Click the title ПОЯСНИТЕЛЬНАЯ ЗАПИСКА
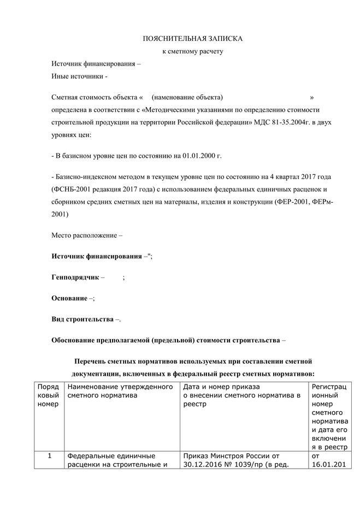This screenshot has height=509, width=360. [192, 39]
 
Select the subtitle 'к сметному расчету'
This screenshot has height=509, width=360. [193, 51]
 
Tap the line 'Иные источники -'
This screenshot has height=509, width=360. [79, 76]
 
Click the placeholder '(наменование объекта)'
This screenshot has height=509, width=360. [188, 97]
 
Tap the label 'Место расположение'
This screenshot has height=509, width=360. [84, 236]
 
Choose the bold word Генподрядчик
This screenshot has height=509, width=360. [75, 277]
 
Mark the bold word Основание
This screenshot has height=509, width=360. [69, 298]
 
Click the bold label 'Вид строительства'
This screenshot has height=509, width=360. [82, 319]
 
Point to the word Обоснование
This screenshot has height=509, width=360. [76, 340]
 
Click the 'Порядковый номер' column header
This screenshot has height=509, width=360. [48, 396]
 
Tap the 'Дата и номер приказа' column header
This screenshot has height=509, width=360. [222, 387]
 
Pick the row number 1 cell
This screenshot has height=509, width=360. [48, 456]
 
